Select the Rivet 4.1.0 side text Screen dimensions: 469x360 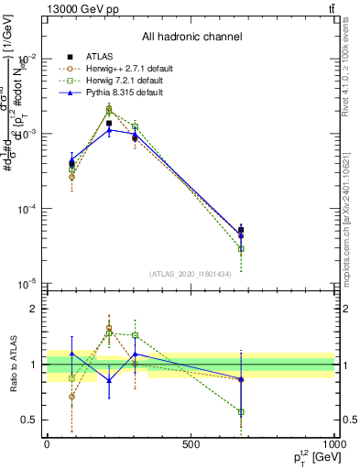tap(351, 64)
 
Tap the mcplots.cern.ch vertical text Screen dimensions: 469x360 tap(351, 211)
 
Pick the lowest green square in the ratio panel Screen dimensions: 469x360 tap(241, 412)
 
